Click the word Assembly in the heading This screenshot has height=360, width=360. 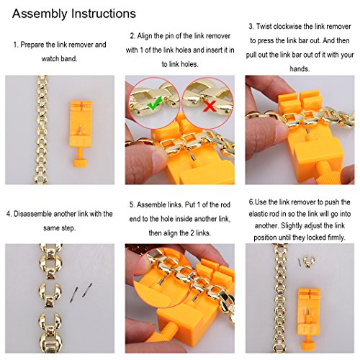pyautogui.click(x=40, y=14)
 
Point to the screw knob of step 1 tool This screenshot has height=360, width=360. pyautogui.click(x=81, y=163)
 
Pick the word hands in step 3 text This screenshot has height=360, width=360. pyautogui.click(x=300, y=69)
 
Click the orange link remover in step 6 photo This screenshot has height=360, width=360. pyautogui.click(x=309, y=320)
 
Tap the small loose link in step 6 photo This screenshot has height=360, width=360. pyautogui.click(x=309, y=261)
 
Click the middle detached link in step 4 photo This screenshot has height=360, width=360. pyautogui.click(x=50, y=294)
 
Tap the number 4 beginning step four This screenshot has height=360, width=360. pyautogui.click(x=9, y=214)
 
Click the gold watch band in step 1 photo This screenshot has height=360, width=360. pyautogui.click(x=42, y=130)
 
